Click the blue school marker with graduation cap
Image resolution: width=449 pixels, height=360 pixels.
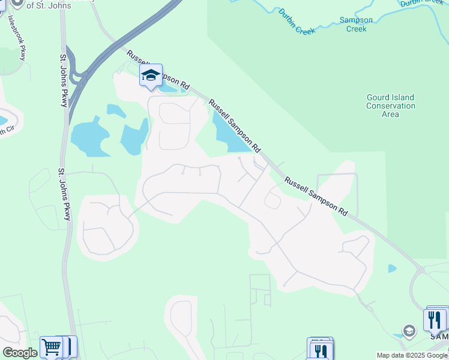[x=151, y=75]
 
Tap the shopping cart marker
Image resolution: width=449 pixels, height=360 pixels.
[x=51, y=347]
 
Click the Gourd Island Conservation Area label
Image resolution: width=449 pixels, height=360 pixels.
[x=390, y=106]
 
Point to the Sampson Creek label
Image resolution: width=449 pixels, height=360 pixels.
[x=356, y=24]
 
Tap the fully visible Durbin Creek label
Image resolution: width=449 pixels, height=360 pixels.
[x=297, y=22]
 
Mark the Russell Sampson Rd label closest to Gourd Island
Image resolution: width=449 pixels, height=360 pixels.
[x=316, y=196]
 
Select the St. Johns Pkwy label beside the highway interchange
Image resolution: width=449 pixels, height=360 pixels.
[x=63, y=81]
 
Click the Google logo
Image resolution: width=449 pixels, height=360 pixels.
[x=19, y=353]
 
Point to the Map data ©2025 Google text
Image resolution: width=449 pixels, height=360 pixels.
[x=412, y=355]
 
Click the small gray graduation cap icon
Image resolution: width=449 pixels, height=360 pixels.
[x=409, y=331]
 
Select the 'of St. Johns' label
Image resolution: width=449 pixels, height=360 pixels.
[x=49, y=5]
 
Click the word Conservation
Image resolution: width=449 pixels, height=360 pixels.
[x=390, y=106]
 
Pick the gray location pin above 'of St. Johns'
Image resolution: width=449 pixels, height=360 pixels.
[x=17, y=3]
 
